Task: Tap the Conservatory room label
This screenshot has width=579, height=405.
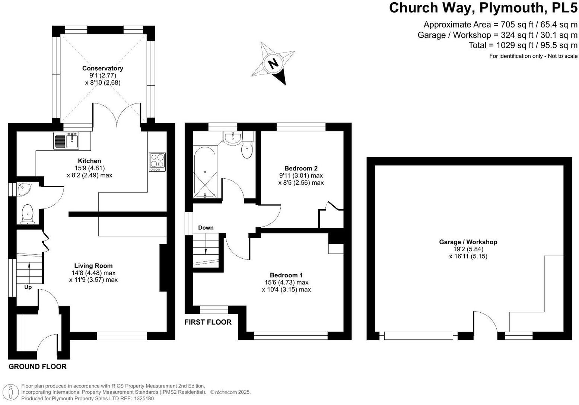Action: pyautogui.click(x=102, y=68)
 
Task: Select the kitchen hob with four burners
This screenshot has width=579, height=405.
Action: pyautogui.click(x=157, y=162)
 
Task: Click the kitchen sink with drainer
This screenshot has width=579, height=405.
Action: pyautogui.click(x=67, y=141)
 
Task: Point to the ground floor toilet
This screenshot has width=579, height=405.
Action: pyautogui.click(x=27, y=214)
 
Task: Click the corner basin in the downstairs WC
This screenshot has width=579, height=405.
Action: pyautogui.click(x=23, y=189)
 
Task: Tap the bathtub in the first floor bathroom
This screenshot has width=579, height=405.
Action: pyautogui.click(x=204, y=172)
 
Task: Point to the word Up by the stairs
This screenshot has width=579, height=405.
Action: pyautogui.click(x=28, y=287)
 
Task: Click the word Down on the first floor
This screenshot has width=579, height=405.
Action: pyautogui.click(x=206, y=228)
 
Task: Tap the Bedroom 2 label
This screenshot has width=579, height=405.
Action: pyautogui.click(x=301, y=168)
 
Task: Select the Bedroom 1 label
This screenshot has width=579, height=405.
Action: pyautogui.click(x=286, y=275)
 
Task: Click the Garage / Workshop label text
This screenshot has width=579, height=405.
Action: pyautogui.click(x=468, y=242)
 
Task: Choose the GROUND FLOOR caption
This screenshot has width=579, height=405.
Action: pyautogui.click(x=37, y=367)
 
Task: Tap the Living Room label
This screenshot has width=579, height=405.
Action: pyautogui.click(x=93, y=266)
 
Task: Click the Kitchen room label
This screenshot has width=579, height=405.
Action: pyautogui.click(x=89, y=161)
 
